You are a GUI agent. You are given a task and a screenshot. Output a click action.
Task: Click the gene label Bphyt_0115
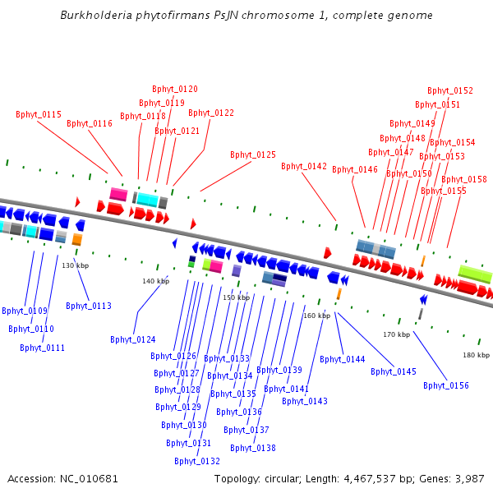pos(39,114)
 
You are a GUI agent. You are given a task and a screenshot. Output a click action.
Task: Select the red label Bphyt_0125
pos(253,154)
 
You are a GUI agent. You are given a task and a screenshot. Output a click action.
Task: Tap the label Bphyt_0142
pos(304,166)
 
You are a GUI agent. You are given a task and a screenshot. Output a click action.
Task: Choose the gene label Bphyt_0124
pos(133,339)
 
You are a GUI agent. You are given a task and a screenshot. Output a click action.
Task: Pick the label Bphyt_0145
pos(394,371)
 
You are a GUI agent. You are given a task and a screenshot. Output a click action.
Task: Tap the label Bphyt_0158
pos(464,179)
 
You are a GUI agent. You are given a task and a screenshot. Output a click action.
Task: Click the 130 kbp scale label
pos(75,265)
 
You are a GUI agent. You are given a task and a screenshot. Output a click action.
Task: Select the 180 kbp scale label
pos(476,355)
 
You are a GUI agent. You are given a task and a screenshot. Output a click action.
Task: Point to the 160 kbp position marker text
pos(316,316)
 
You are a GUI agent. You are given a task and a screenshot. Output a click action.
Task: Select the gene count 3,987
pos(468,478)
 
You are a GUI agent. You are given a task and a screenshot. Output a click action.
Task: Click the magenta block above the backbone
pos(118,194)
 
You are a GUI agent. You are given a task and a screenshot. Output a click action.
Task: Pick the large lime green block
pos(475,274)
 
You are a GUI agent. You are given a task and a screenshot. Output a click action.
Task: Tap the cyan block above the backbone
pos(147,200)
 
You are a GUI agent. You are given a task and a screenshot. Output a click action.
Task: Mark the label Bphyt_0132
pos(197,461)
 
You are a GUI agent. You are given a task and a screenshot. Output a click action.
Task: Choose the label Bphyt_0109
pos(25,311)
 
